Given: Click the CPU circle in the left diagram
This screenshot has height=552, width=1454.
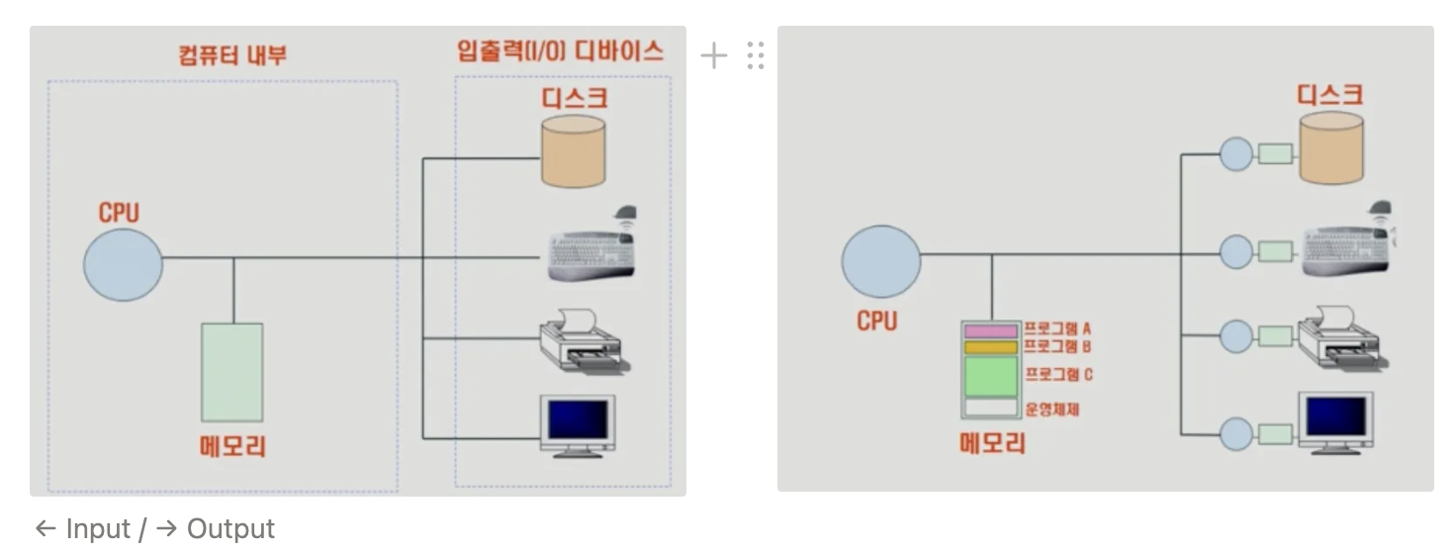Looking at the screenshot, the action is (x=123, y=264).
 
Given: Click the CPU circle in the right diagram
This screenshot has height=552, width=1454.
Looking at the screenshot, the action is (x=880, y=261).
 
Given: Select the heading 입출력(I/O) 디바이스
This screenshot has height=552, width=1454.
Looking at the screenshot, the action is (x=560, y=51).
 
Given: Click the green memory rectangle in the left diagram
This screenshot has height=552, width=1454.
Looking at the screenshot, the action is (x=232, y=372).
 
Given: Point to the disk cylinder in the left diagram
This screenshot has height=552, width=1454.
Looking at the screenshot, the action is (x=573, y=150).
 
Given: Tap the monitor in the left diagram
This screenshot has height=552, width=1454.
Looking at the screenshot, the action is (x=579, y=423).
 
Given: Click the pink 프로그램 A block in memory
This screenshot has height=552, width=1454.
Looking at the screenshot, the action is (x=990, y=330).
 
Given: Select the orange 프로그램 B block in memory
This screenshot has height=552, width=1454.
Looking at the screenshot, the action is (x=990, y=346).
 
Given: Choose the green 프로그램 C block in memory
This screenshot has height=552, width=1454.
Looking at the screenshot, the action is (x=990, y=376).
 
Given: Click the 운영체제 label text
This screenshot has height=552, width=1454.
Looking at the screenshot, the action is (x=1051, y=408).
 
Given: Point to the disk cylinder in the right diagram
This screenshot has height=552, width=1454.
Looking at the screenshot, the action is (x=1330, y=148).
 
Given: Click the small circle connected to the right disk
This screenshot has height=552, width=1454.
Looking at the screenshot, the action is (x=1236, y=153).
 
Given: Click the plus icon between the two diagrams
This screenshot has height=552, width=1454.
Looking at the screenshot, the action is (x=713, y=55).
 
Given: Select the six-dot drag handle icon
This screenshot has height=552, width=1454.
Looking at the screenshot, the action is (x=756, y=55).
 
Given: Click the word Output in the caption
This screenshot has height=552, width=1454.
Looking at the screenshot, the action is (x=230, y=529).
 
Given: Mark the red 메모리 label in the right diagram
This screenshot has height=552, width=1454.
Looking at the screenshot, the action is (x=992, y=442).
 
